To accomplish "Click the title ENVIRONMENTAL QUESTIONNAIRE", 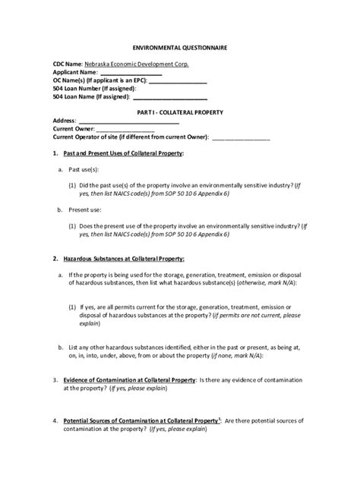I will (180, 47).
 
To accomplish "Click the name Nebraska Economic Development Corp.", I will (137, 65).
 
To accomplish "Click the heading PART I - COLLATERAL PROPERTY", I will (180, 112).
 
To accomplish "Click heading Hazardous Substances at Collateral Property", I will (125, 258).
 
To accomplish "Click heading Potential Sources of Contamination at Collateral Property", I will (142, 420).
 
